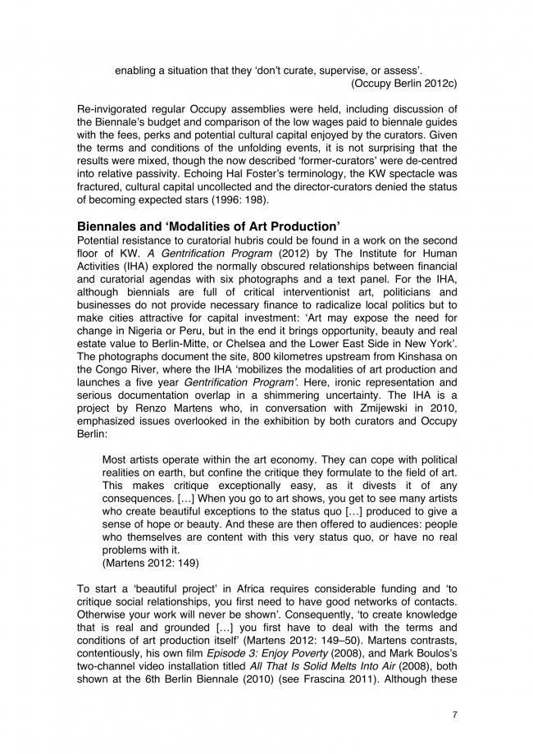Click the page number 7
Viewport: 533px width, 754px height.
tap(455, 715)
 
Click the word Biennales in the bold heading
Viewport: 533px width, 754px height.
tap(109, 226)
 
